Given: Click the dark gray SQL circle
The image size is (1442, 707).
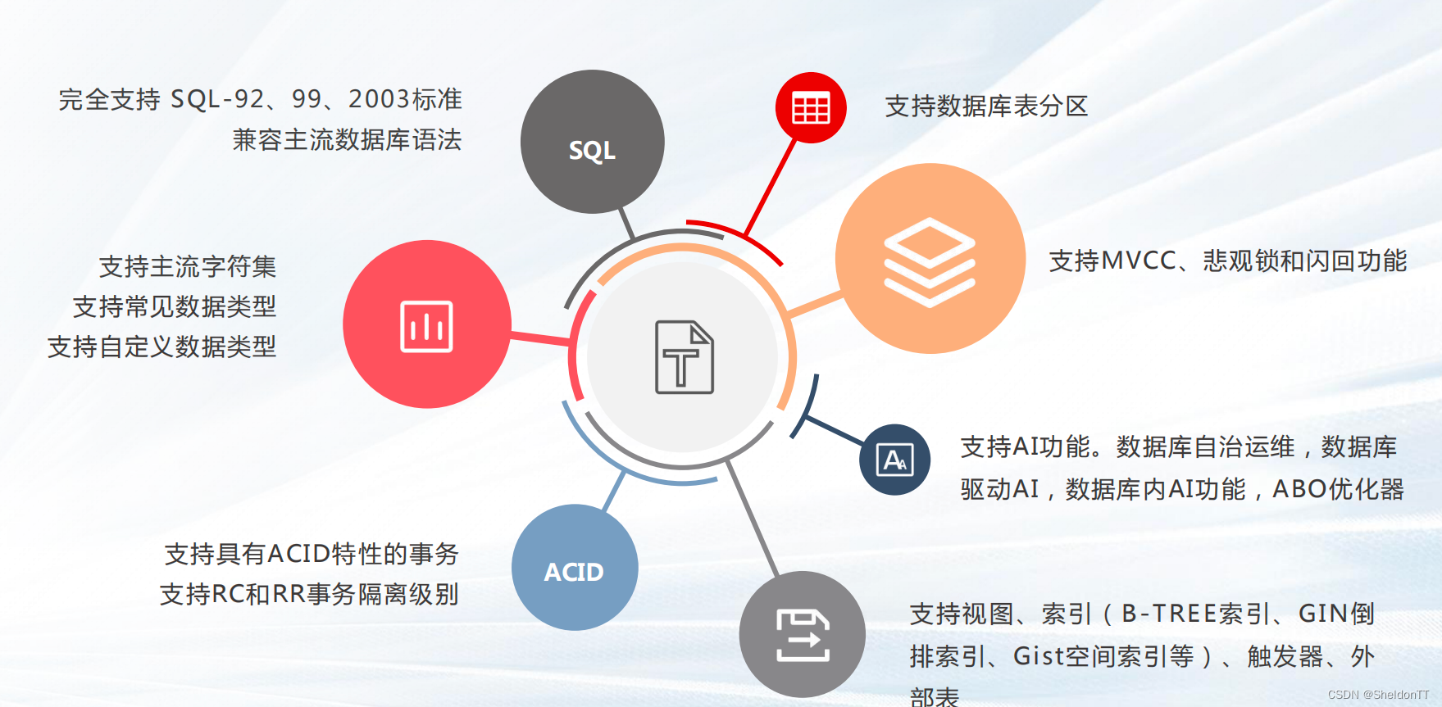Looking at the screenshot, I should pyautogui.click(x=592, y=142).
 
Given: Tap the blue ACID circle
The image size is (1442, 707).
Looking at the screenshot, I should pyautogui.click(x=575, y=568).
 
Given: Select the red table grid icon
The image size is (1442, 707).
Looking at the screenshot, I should pyautogui.click(x=811, y=107).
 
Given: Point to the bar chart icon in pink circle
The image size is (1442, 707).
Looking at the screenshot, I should pyautogui.click(x=426, y=326).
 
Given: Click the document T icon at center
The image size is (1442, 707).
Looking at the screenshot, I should pyautogui.click(x=684, y=357).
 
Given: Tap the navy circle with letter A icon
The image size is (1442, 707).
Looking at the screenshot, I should pyautogui.click(x=894, y=460).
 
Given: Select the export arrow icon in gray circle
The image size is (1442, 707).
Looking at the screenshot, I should pyautogui.click(x=803, y=635).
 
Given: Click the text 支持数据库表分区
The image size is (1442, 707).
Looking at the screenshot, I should pyautogui.click(x=986, y=107).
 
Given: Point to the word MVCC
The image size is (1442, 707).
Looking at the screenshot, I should pyautogui.click(x=1139, y=261).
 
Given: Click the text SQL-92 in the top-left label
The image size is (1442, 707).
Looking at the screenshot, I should pyautogui.click(x=217, y=99).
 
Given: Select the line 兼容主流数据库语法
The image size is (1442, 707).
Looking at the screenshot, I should pyautogui.click(x=347, y=140).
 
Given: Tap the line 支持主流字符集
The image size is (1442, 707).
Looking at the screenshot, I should pyautogui.click(x=188, y=266).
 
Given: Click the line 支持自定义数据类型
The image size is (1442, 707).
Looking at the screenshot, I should pyautogui.click(x=162, y=347).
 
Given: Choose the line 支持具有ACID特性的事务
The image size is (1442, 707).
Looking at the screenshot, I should pyautogui.click(x=312, y=554).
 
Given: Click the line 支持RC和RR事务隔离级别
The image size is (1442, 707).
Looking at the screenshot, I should pyautogui.click(x=309, y=594).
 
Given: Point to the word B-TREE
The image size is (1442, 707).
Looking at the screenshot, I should pyautogui.click(x=1170, y=614).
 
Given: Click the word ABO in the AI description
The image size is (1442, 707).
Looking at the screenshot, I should pyautogui.click(x=1299, y=489).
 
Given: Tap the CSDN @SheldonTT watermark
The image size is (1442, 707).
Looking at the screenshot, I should pyautogui.click(x=1378, y=695).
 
